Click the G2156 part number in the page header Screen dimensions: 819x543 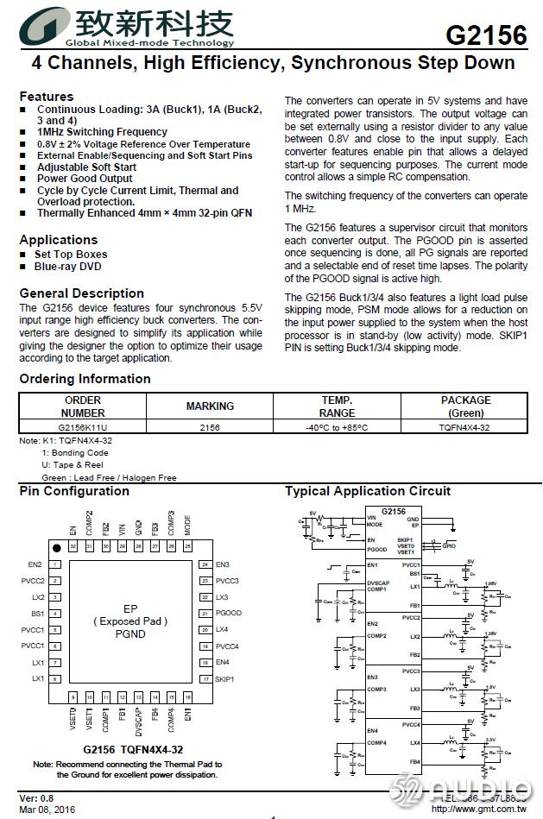pyautogui.click(x=486, y=35)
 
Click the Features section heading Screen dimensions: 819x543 pyautogui.click(x=47, y=97)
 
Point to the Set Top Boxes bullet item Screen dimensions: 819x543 pyautogui.click(x=71, y=255)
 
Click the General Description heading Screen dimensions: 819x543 pyautogui.click(x=82, y=293)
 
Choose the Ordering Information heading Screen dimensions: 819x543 pyautogui.click(x=85, y=379)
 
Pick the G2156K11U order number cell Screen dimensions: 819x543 pyautogui.click(x=83, y=427)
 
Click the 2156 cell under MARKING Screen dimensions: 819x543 pyautogui.click(x=210, y=427)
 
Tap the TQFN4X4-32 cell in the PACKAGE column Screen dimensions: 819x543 pyautogui.click(x=465, y=427)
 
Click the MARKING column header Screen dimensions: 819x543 pyautogui.click(x=210, y=406)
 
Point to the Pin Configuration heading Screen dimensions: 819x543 pyautogui.click(x=74, y=491)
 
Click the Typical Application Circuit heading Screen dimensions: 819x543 pyautogui.click(x=368, y=491)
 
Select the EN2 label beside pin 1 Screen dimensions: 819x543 pyautogui.click(x=35, y=564)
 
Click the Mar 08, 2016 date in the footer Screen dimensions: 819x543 pyautogui.click(x=47, y=809)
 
